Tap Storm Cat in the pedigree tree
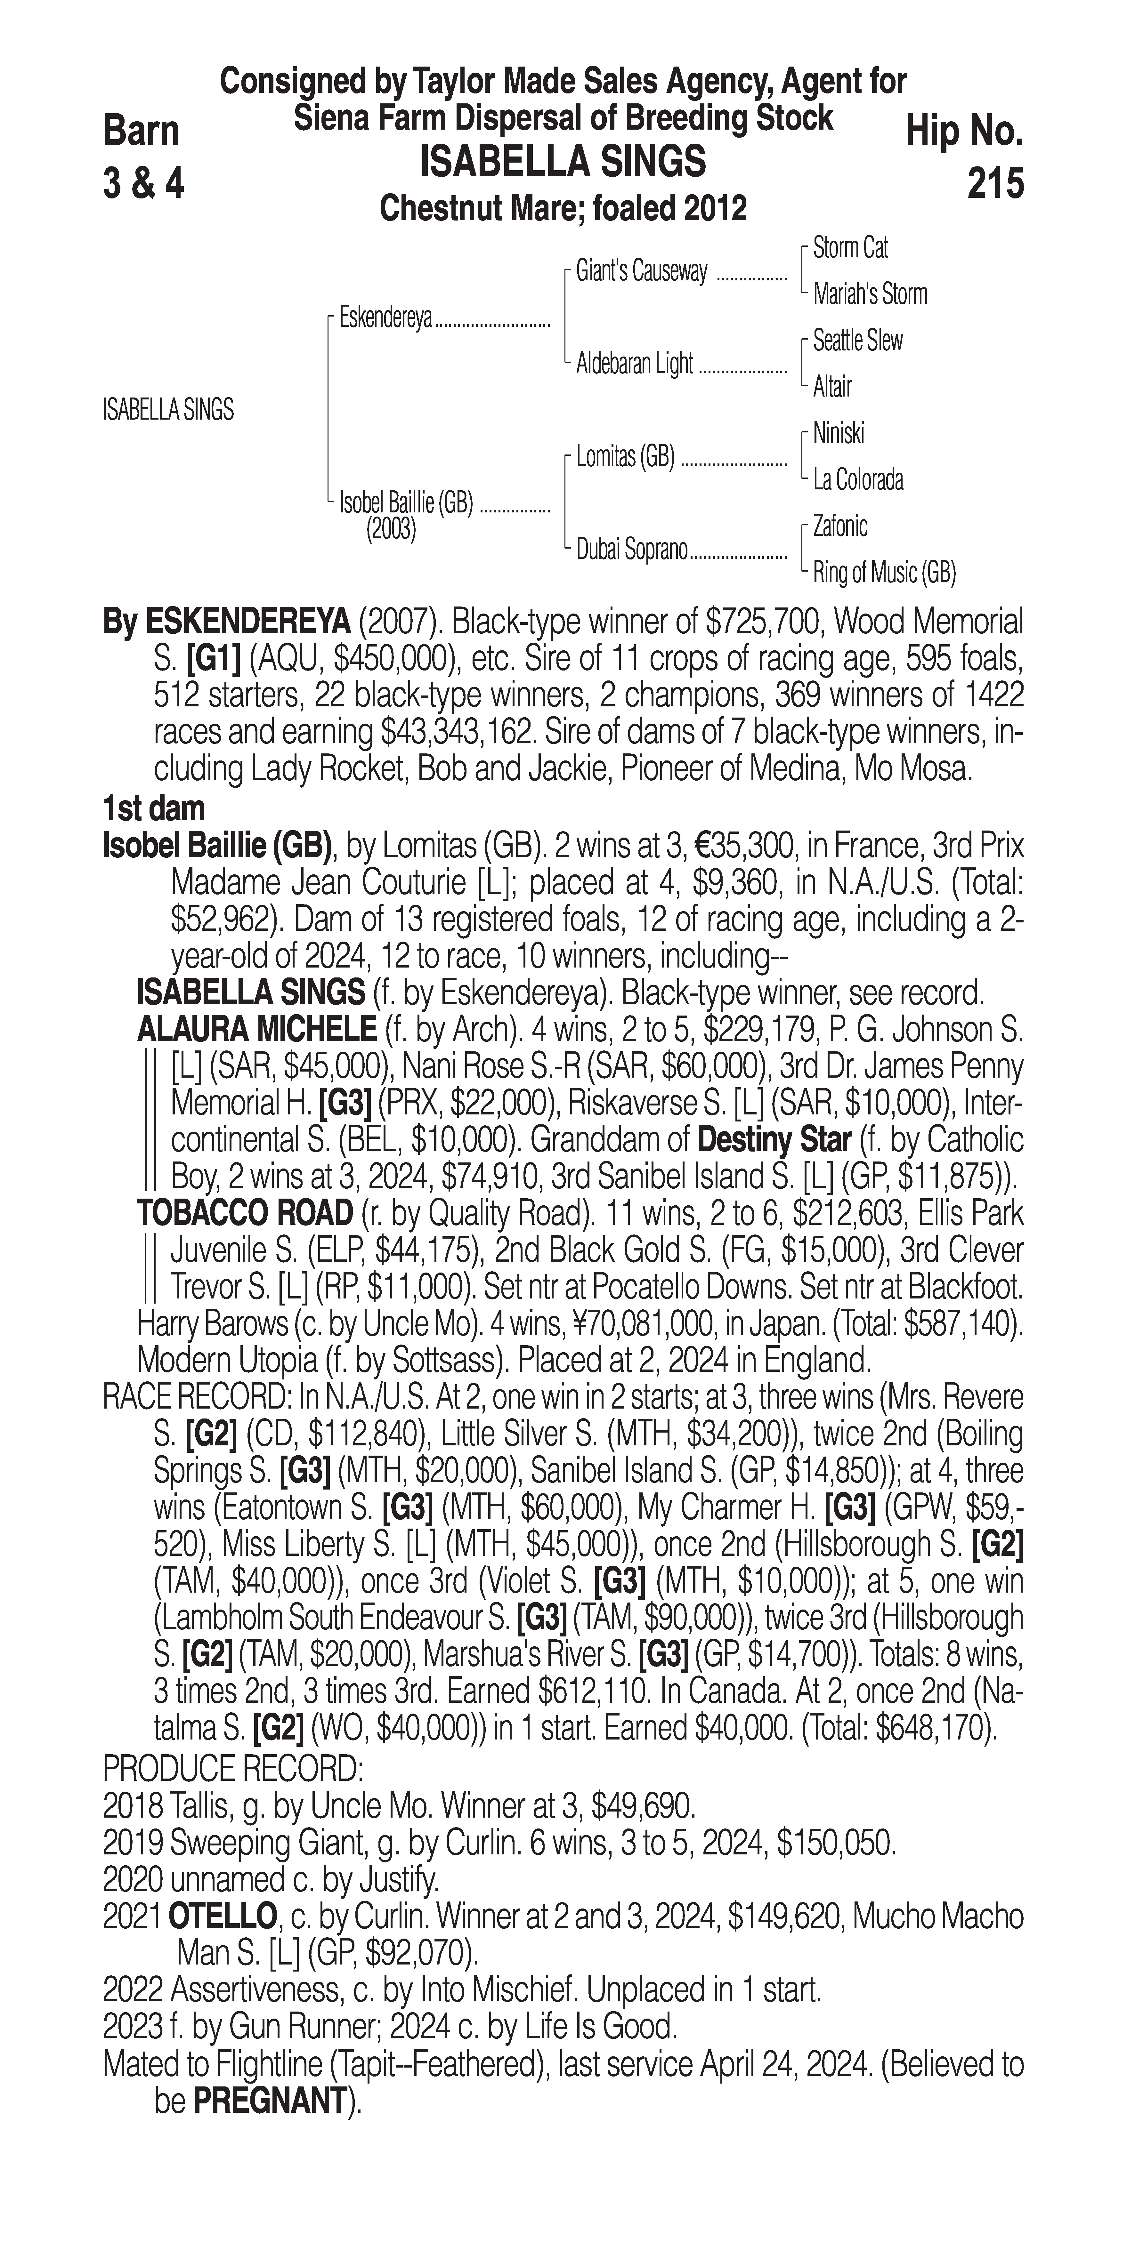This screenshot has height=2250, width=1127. [850, 248]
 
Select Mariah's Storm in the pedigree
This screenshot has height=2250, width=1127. [869, 294]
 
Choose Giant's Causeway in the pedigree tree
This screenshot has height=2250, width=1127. [641, 272]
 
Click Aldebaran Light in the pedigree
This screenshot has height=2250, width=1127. [634, 363]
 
